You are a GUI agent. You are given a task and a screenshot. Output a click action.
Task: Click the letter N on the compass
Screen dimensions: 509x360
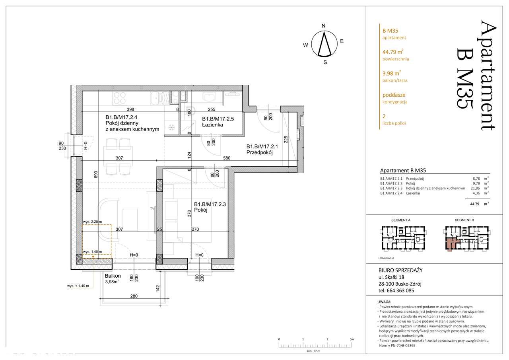[324, 26]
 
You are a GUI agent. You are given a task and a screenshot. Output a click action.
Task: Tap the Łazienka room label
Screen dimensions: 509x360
[212, 125]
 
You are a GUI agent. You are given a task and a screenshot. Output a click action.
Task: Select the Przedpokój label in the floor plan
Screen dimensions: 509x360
[259, 153]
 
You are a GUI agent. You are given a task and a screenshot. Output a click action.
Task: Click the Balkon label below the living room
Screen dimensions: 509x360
[113, 276]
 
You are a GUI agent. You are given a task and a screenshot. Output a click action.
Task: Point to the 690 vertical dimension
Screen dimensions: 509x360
[96, 174]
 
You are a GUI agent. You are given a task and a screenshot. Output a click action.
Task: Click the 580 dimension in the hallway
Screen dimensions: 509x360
[227, 158]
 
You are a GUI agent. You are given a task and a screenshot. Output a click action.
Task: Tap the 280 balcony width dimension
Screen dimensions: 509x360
[134, 296]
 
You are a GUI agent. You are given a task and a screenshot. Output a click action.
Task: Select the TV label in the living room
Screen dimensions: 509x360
[152, 208]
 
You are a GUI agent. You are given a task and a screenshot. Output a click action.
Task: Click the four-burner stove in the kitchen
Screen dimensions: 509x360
[120, 98]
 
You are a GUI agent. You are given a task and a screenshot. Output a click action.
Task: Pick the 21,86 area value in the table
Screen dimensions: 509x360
[475, 188]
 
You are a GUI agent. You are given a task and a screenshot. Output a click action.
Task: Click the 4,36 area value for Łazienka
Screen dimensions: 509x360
[476, 193]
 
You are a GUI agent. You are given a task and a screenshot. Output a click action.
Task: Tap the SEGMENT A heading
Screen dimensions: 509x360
[401, 220]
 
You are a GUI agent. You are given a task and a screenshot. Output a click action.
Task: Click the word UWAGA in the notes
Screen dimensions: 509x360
[384, 302]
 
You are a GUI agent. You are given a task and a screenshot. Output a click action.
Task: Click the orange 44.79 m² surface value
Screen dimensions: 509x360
[393, 52]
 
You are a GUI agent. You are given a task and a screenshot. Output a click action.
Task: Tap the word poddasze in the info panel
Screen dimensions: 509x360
[394, 95]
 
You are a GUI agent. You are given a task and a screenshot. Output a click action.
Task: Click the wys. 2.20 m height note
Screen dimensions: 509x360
[93, 222]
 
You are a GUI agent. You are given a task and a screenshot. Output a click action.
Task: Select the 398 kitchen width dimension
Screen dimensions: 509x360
[130, 109]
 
